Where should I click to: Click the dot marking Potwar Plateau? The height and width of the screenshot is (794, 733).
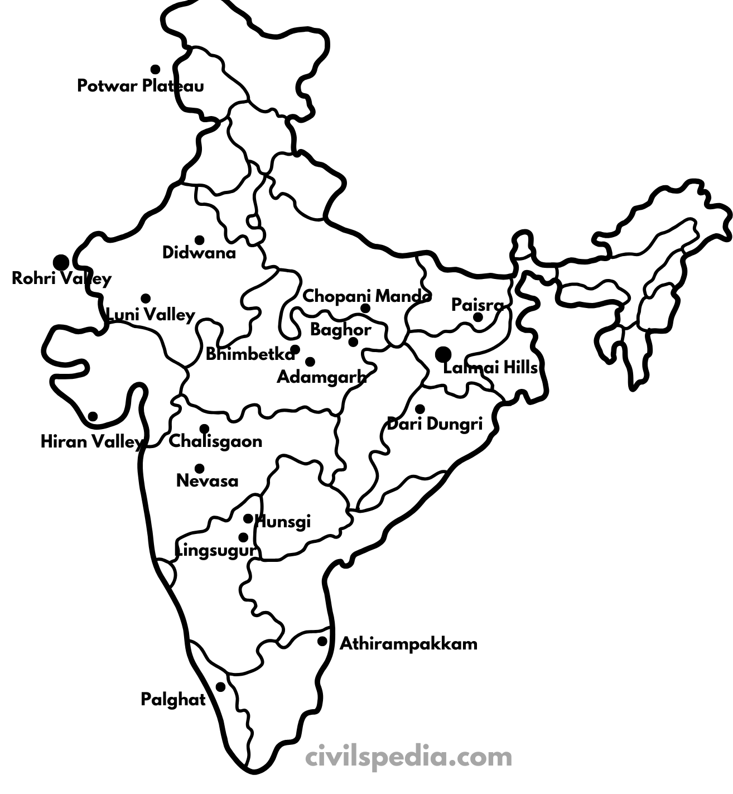(x=155, y=69)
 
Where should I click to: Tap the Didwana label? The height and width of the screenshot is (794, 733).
(x=199, y=253)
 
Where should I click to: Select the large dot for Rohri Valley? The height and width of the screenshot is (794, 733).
(x=61, y=262)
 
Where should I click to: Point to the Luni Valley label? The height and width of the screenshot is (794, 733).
(x=151, y=315)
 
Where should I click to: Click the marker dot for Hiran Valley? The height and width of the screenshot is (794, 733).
(x=93, y=416)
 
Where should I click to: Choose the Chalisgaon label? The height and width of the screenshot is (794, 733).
(x=215, y=441)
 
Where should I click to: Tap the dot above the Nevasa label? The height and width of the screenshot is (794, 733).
(x=199, y=468)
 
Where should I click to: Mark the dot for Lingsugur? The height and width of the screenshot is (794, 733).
(x=243, y=537)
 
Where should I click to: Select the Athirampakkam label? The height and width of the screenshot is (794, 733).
(x=408, y=644)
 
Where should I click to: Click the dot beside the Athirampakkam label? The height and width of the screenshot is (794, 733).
(x=322, y=641)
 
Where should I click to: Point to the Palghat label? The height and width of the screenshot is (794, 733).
(x=173, y=699)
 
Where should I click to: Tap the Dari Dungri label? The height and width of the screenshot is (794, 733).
(x=435, y=424)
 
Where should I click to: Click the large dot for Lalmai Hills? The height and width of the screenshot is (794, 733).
(x=443, y=354)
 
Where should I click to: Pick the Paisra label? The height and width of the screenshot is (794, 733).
(x=477, y=305)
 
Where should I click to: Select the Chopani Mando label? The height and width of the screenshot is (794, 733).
(x=366, y=296)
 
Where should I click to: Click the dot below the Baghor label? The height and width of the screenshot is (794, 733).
(x=353, y=341)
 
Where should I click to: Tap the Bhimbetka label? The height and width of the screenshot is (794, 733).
(x=250, y=354)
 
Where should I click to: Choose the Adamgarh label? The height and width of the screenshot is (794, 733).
(x=321, y=377)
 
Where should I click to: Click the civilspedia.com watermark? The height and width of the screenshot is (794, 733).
(x=408, y=757)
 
